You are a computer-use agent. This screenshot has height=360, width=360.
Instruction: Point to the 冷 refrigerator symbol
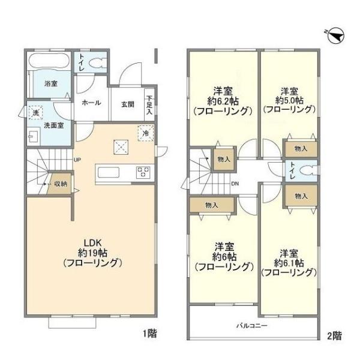click(x=145, y=133)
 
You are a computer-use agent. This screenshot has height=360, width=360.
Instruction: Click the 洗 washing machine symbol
click(x=35, y=113)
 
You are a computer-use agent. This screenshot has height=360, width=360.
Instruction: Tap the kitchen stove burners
click(x=144, y=172)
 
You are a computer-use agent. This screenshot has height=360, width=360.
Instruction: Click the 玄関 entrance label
click(x=127, y=104)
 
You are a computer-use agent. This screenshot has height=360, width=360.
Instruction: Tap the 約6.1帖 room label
click(x=289, y=262)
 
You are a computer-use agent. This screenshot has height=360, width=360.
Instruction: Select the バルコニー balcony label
click(x=251, y=326)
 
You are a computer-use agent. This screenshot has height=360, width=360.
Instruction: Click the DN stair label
click(x=236, y=184)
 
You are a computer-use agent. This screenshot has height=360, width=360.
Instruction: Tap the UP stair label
click(x=77, y=160)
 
